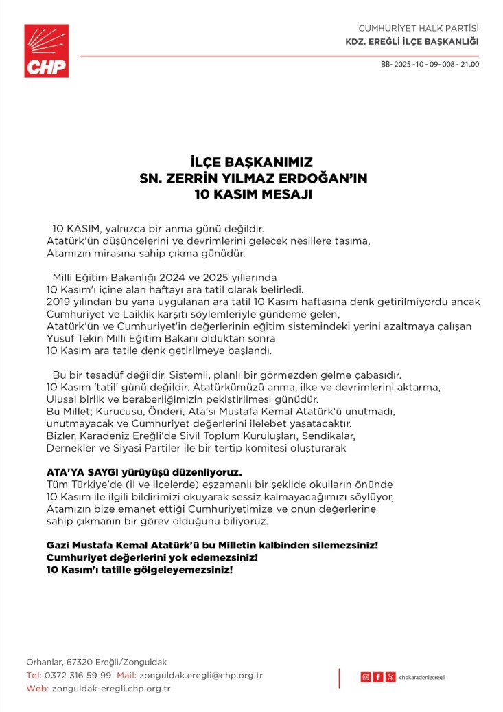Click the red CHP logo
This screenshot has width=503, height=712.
(x=47, y=50)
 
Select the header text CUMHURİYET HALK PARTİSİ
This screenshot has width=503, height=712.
(x=419, y=28)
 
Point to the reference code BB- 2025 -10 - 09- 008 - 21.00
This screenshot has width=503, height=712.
(x=430, y=65)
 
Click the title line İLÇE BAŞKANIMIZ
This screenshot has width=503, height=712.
(x=252, y=164)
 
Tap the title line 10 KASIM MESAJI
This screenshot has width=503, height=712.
(x=252, y=194)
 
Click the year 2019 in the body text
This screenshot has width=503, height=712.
(x=58, y=302)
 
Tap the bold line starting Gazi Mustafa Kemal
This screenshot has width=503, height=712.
(x=212, y=545)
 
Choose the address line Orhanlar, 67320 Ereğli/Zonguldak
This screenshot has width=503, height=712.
(x=96, y=663)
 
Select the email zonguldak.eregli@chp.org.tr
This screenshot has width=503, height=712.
(x=201, y=676)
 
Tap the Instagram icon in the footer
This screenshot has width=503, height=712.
(x=365, y=677)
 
